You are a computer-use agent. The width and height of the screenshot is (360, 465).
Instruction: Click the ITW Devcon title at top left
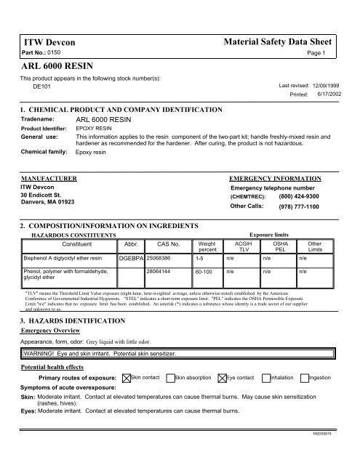coord(49,42)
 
